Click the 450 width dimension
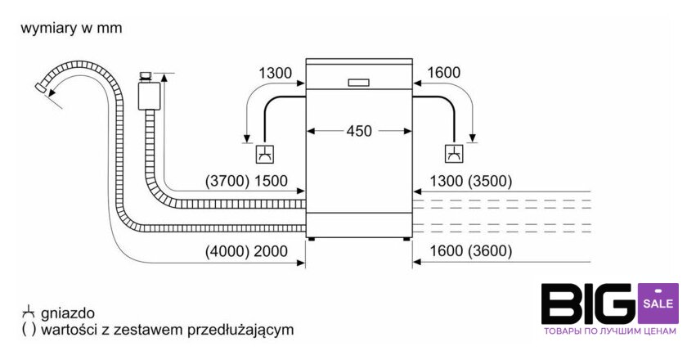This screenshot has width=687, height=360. click(x=360, y=130)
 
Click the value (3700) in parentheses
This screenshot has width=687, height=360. click(x=227, y=182)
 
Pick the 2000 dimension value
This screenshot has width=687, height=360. click(x=271, y=251)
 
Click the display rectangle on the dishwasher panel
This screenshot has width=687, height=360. click(x=359, y=82)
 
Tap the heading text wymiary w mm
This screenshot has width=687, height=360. click(x=71, y=29)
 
